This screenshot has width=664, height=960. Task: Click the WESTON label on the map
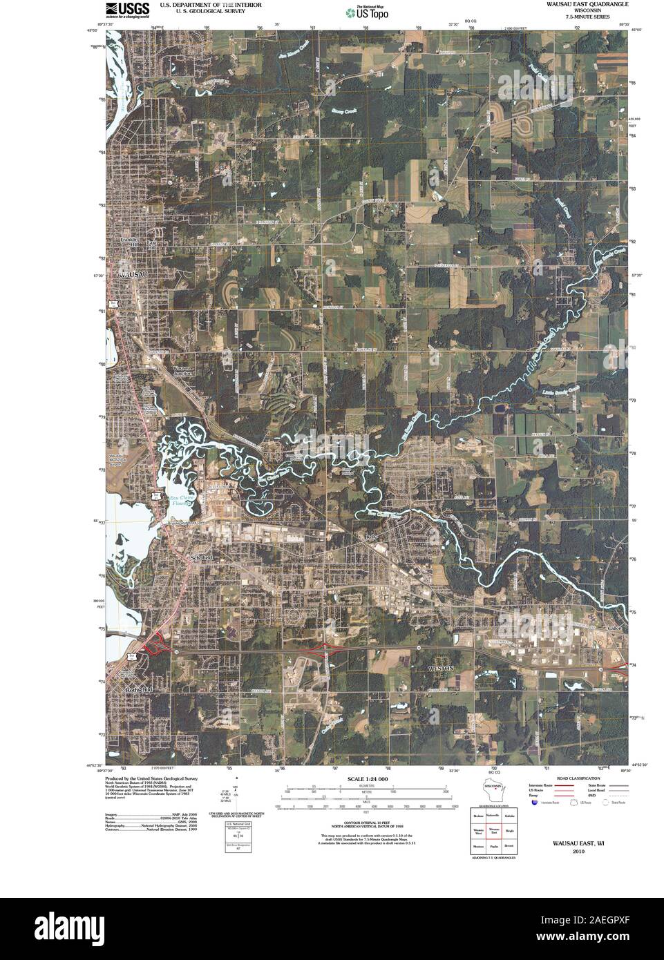point(440,669)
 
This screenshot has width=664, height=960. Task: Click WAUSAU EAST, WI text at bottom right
point(577,843)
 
